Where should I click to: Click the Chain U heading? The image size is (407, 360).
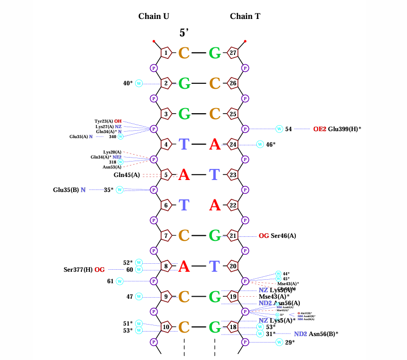pyautogui.click(x=154, y=16)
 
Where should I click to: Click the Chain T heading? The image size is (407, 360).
pyautogui.click(x=245, y=16)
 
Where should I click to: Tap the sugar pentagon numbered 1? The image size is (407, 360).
pyautogui.click(x=166, y=52)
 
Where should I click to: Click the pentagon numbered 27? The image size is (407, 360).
pyautogui.click(x=233, y=52)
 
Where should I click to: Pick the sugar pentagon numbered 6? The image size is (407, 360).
pyautogui.click(x=166, y=204)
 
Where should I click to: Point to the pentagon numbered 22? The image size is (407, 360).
pyautogui.click(x=233, y=204)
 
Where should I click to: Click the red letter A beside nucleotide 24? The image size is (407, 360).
pyautogui.click(x=214, y=144)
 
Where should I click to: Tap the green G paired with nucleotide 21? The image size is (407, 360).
pyautogui.click(x=214, y=235)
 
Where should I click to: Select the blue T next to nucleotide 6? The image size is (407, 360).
pyautogui.click(x=184, y=204)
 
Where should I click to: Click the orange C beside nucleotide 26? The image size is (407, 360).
pyautogui.click(x=214, y=83)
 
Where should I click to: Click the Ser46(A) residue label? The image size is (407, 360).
pyautogui.click(x=283, y=235)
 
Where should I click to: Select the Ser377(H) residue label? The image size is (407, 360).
pyautogui.click(x=78, y=270)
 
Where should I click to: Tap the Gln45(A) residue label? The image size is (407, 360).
pyautogui.click(x=127, y=175)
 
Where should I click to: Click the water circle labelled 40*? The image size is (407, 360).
pyautogui.click(x=139, y=83)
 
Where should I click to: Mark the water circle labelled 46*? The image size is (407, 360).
pyautogui.click(x=260, y=144)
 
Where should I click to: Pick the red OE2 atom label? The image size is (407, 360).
pyautogui.click(x=319, y=129)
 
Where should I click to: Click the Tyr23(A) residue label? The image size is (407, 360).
pyautogui.click(x=104, y=121)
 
